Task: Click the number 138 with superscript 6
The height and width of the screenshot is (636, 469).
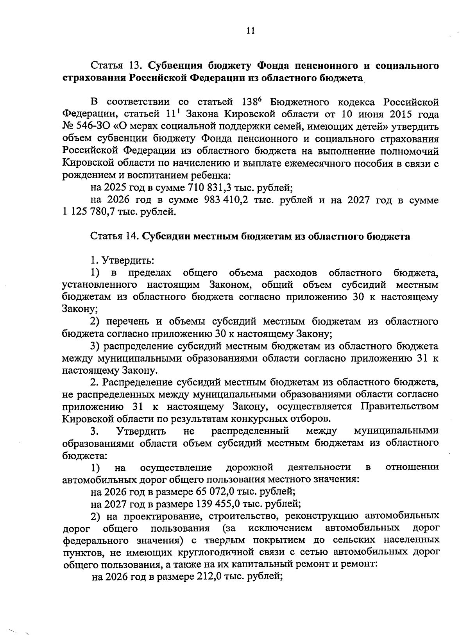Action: [248, 102]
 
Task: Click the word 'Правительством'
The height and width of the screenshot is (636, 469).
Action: [399, 407]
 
